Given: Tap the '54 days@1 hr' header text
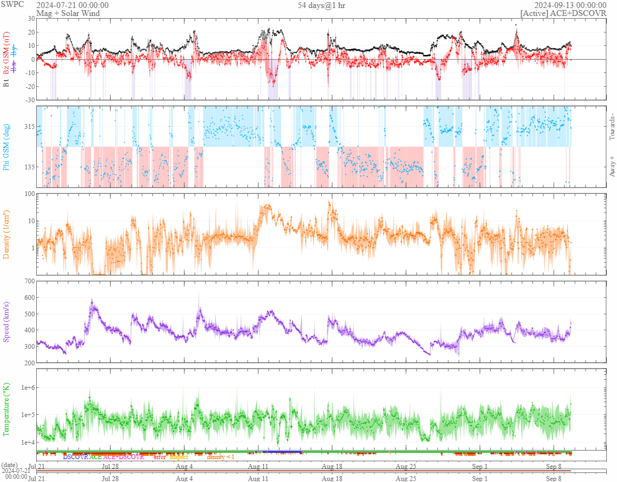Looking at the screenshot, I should tap(322, 5).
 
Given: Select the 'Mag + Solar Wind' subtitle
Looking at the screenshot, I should tap(64, 13).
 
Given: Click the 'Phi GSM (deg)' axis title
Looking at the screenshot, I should tap(7, 146).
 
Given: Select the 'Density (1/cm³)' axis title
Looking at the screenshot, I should tap(7, 234).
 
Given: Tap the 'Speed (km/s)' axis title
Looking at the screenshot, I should tap(7, 322).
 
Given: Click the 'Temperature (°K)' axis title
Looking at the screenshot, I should tap(7, 409).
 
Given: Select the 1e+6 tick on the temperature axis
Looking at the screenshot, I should tap(26, 387).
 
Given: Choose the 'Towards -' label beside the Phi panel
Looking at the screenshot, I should tap(611, 127).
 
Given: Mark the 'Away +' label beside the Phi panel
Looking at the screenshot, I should tap(611, 166).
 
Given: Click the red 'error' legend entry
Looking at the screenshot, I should tap(159, 457).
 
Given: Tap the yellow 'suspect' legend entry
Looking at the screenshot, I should tap(179, 457).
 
